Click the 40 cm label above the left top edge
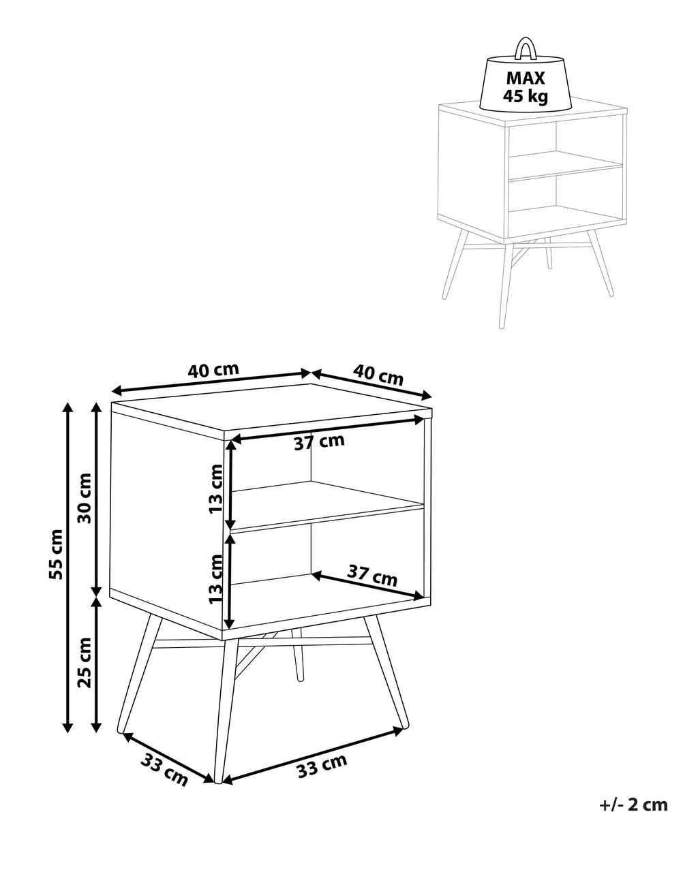tap(213, 370)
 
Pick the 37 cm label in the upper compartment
tap(319, 442)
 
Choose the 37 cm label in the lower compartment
tap(372, 576)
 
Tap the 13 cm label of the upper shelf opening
tap(216, 488)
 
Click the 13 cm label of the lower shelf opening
tap(216, 578)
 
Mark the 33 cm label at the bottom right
tap(322, 767)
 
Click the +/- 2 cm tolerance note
tap(634, 805)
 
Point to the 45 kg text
tap(525, 96)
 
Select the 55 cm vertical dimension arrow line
tap(67, 565)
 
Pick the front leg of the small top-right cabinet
tap(506, 286)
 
